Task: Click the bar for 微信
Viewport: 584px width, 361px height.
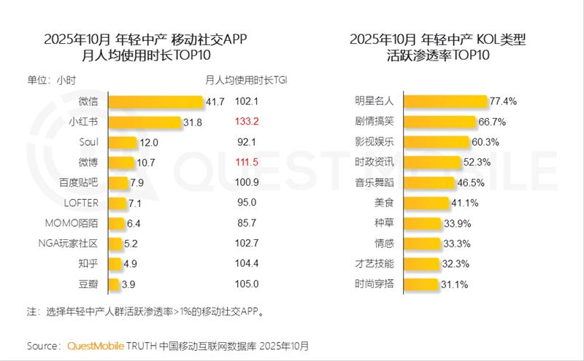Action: point(161,102)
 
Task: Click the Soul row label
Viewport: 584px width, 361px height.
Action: point(97,142)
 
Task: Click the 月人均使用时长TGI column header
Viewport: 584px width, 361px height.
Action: point(246,80)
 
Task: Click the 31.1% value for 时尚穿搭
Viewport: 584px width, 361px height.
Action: point(454,284)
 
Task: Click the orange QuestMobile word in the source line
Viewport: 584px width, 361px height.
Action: point(97,345)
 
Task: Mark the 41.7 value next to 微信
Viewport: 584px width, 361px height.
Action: point(215,102)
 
